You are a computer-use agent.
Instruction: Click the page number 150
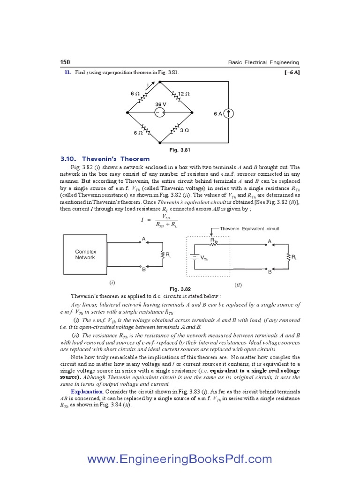tap(65, 63)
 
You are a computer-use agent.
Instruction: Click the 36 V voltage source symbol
tap(160, 112)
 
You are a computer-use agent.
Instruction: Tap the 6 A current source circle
tap(228, 113)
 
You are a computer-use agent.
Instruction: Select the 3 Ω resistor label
tap(184, 130)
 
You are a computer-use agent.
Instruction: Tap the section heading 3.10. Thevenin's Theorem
tap(105, 159)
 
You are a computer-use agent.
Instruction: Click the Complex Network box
tap(85, 255)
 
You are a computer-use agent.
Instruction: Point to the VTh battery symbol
tap(193, 257)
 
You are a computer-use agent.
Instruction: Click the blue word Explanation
tap(87, 391)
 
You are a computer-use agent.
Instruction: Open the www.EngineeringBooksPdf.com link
tap(180, 459)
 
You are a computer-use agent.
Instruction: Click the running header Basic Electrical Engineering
tap(263, 63)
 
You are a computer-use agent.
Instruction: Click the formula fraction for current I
tap(165, 220)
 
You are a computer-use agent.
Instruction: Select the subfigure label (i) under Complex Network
tap(112, 283)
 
